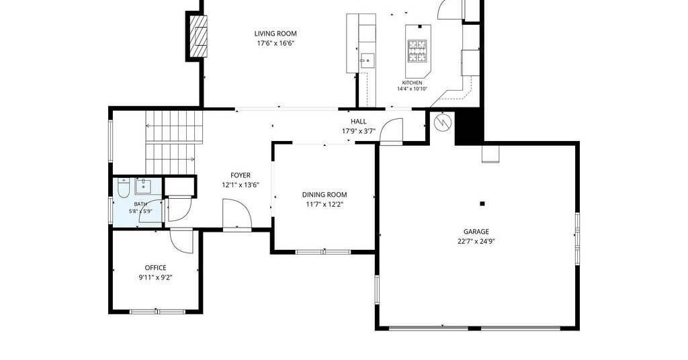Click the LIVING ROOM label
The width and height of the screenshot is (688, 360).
275,34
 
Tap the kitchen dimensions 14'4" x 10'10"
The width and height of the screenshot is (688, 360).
412,89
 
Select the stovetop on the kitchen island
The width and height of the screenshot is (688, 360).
417,51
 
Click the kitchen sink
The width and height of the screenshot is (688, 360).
367,60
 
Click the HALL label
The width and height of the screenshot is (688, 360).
359,122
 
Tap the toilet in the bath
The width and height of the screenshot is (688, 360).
124,188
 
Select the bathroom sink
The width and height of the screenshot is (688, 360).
143,186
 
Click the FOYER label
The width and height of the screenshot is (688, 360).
241,175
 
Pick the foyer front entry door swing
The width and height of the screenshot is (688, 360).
237,214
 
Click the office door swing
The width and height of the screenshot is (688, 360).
181,240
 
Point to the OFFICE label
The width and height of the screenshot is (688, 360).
156,267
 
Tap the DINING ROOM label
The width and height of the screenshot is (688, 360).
325,195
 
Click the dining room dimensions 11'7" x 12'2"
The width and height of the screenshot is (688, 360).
325,204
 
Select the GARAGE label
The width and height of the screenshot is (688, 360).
476,232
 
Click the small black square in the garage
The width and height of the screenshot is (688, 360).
482,204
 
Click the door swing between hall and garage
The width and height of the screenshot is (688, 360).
391,131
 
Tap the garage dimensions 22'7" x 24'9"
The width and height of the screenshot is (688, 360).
476,241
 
